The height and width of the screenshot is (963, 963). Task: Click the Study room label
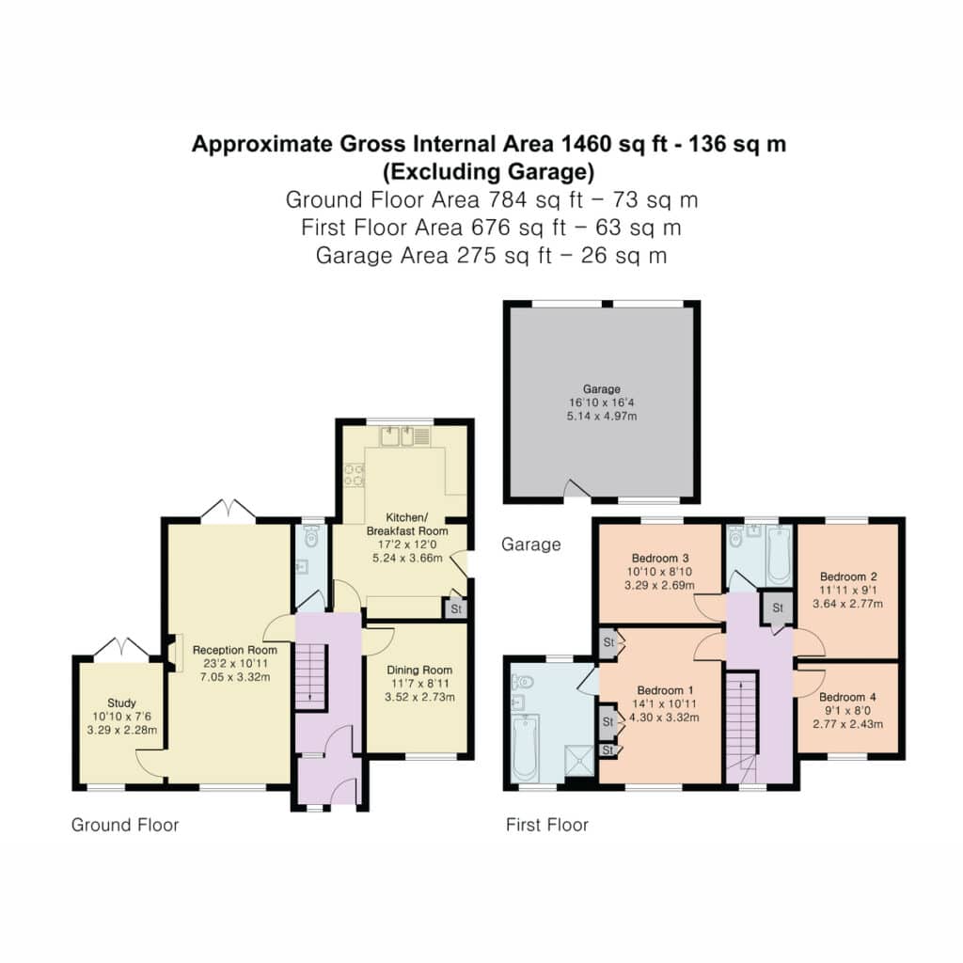tap(121, 703)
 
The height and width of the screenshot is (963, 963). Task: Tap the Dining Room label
tap(419, 670)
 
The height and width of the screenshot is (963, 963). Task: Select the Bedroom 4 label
tap(847, 697)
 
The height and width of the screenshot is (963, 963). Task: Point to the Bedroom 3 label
tap(660, 559)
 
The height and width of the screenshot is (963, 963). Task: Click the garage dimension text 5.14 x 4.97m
tap(601, 416)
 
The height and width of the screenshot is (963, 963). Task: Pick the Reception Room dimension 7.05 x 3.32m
tap(235, 677)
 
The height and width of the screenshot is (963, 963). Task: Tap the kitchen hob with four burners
tap(354, 475)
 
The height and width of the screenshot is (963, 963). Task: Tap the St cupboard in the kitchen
tap(455, 608)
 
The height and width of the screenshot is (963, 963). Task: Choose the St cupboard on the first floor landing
tap(778, 608)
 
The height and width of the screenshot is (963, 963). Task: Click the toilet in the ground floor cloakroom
tap(311, 537)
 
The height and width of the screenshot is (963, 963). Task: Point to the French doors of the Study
tap(121, 648)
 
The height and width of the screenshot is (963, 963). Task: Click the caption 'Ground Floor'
tap(125, 825)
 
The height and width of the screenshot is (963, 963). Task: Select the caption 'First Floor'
tap(547, 825)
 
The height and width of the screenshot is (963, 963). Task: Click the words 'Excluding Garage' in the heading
tap(489, 171)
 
